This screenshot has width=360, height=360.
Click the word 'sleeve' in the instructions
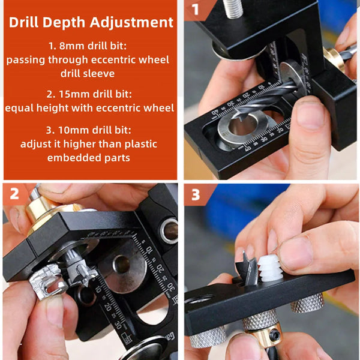coord(107,73)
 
